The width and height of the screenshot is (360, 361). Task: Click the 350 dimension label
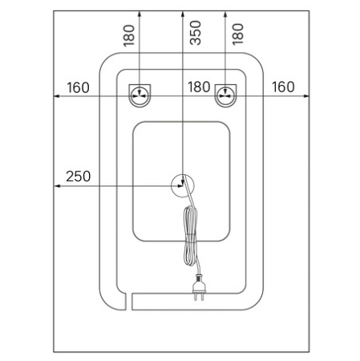click(x=195, y=33)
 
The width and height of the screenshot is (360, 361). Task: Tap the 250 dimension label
click(x=78, y=176)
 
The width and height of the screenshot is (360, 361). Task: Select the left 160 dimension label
click(x=78, y=87)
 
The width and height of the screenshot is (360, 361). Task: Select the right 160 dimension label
click(x=283, y=87)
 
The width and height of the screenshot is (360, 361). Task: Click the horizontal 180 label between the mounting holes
click(x=199, y=87)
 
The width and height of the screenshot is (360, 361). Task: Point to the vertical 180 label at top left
click(x=129, y=35)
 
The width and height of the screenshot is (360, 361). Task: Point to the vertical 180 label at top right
click(x=237, y=34)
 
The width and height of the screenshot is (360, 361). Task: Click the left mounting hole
click(x=140, y=95)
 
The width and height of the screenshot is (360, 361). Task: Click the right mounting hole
click(x=226, y=95)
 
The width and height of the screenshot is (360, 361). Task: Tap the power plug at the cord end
click(x=199, y=287)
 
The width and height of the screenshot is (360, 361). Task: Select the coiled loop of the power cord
click(x=190, y=235)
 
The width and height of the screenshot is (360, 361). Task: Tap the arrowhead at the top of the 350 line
click(x=183, y=14)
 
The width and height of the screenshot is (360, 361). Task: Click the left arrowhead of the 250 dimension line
click(x=57, y=186)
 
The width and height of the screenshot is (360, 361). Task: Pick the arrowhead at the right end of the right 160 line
click(x=306, y=95)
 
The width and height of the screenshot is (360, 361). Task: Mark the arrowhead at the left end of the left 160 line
click(x=57, y=96)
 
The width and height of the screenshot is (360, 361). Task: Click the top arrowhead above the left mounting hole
click(x=140, y=14)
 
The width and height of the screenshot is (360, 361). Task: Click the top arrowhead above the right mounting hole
click(x=225, y=14)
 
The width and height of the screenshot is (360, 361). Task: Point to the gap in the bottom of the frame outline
click(x=129, y=302)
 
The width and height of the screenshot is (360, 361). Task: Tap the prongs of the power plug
click(x=199, y=297)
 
